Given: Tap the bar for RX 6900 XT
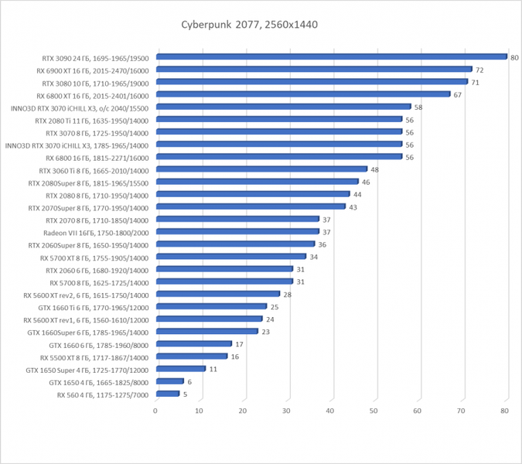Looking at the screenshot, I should pyautogui.click(x=313, y=69).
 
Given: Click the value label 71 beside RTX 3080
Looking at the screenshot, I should pyautogui.click(x=476, y=82).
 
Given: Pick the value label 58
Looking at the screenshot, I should pyautogui.click(x=418, y=107).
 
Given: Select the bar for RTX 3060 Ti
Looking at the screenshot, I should pyautogui.click(x=261, y=169).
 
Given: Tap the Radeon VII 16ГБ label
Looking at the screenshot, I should pyautogui.click(x=96, y=232).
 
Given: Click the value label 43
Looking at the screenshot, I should pyautogui.click(x=353, y=207).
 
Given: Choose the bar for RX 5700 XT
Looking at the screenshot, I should pyautogui.click(x=230, y=257).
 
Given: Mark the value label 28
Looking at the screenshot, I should pyautogui.click(x=287, y=295).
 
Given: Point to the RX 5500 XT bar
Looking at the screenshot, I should pyautogui.click(x=191, y=357).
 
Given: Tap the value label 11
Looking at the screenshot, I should pyautogui.click(x=213, y=370).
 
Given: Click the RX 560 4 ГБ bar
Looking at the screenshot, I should pyautogui.click(x=167, y=394).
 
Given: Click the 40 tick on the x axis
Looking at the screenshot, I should pyautogui.click(x=330, y=410).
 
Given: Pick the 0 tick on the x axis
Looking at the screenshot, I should pyautogui.click(x=156, y=410).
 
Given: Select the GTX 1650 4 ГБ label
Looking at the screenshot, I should pyautogui.click(x=98, y=382).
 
